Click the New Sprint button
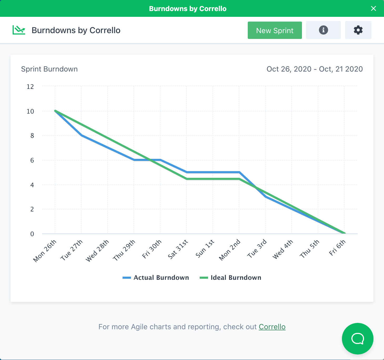point(275,30)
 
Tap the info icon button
point(323,30)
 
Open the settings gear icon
point(358,30)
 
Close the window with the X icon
point(373,8)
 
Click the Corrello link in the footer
point(272,327)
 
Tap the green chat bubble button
point(357,338)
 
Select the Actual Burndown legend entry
point(156,278)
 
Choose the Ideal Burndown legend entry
point(230,278)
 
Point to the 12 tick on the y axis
point(30,87)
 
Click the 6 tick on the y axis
point(32,160)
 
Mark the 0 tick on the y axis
point(32,234)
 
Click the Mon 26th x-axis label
point(45,251)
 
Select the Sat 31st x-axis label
point(178,249)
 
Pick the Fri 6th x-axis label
point(337,248)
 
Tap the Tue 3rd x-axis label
point(257,249)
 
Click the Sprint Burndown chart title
point(49,69)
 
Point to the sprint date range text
point(315,69)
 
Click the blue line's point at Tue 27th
point(81,135)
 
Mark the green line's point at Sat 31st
point(186,179)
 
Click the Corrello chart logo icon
point(19,30)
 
